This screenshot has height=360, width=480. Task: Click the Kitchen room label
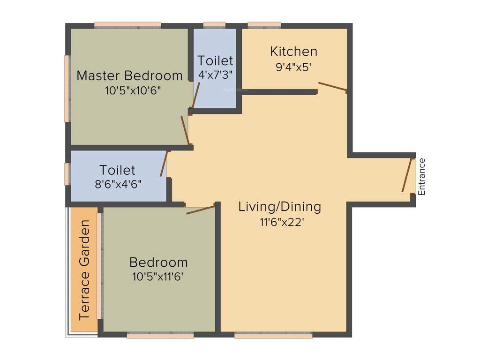point(294,51)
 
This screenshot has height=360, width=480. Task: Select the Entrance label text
point(422,177)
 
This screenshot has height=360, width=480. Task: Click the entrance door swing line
point(406,175)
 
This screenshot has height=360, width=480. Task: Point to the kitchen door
point(332,86)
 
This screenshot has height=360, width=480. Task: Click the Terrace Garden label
point(84,270)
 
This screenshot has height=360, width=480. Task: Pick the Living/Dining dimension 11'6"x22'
point(279,222)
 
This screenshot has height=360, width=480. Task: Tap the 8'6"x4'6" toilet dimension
point(117,184)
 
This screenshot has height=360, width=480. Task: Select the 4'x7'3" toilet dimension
point(215,75)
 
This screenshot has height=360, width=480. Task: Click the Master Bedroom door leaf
point(185,130)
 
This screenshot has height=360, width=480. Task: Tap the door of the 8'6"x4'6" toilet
point(164,164)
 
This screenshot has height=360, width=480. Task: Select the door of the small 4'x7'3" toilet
point(196,95)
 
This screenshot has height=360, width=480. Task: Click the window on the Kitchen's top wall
point(264,25)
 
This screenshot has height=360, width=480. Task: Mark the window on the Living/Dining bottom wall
point(273,336)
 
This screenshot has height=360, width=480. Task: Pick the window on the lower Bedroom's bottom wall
point(160,336)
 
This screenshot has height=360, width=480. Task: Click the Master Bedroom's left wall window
point(67,89)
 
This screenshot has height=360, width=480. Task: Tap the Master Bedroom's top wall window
point(127,25)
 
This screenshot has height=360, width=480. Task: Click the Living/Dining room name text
point(279,207)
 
